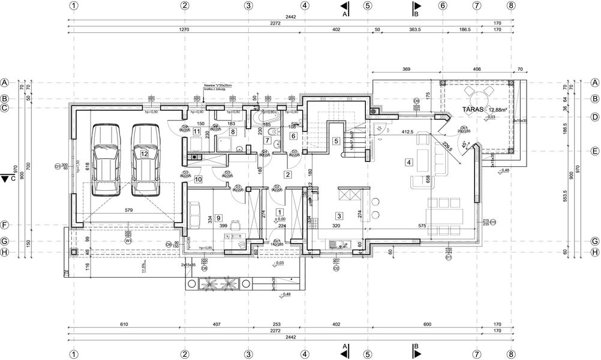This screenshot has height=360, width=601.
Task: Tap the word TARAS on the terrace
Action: (474, 110)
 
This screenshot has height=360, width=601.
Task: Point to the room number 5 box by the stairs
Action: (336, 141)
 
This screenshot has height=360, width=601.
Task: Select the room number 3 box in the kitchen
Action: (339, 216)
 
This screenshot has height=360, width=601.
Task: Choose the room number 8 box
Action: (233, 131)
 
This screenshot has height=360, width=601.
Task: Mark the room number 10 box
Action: (199, 178)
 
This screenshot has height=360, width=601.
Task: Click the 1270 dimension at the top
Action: (184, 29)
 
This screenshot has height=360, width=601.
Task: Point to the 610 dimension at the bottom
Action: (124, 325)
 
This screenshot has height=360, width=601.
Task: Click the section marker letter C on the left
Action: (11, 178)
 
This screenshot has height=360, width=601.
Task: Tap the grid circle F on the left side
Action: (5, 226)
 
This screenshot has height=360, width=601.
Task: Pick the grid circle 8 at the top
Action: (510, 5)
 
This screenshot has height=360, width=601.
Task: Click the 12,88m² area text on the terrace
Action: (498, 110)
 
